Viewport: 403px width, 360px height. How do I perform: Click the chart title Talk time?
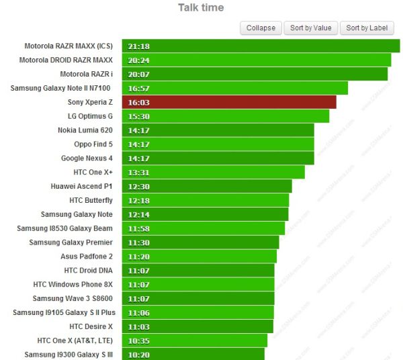[201, 8]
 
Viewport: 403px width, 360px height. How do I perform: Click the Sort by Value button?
[310, 28]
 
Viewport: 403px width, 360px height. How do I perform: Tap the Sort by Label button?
[367, 28]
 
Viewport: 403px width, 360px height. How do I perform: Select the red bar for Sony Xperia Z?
[229, 102]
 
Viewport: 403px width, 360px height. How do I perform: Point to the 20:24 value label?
[138, 60]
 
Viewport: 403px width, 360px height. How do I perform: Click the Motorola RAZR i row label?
[86, 74]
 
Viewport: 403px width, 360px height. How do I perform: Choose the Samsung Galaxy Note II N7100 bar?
[235, 88]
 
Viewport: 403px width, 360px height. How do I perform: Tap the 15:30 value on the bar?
[138, 116]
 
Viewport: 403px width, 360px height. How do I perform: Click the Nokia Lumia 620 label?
[85, 130]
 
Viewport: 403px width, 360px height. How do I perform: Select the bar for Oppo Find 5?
[218, 144]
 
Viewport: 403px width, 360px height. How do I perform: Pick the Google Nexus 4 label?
[87, 159]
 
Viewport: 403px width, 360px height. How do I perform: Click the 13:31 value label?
[138, 173]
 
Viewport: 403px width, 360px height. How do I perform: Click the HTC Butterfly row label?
[91, 200]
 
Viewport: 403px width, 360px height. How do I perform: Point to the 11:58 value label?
[138, 228]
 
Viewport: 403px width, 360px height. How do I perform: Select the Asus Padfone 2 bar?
[199, 257]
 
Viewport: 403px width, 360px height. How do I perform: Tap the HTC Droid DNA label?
[88, 271]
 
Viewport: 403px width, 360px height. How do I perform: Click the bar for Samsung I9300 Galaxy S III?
[193, 354]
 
